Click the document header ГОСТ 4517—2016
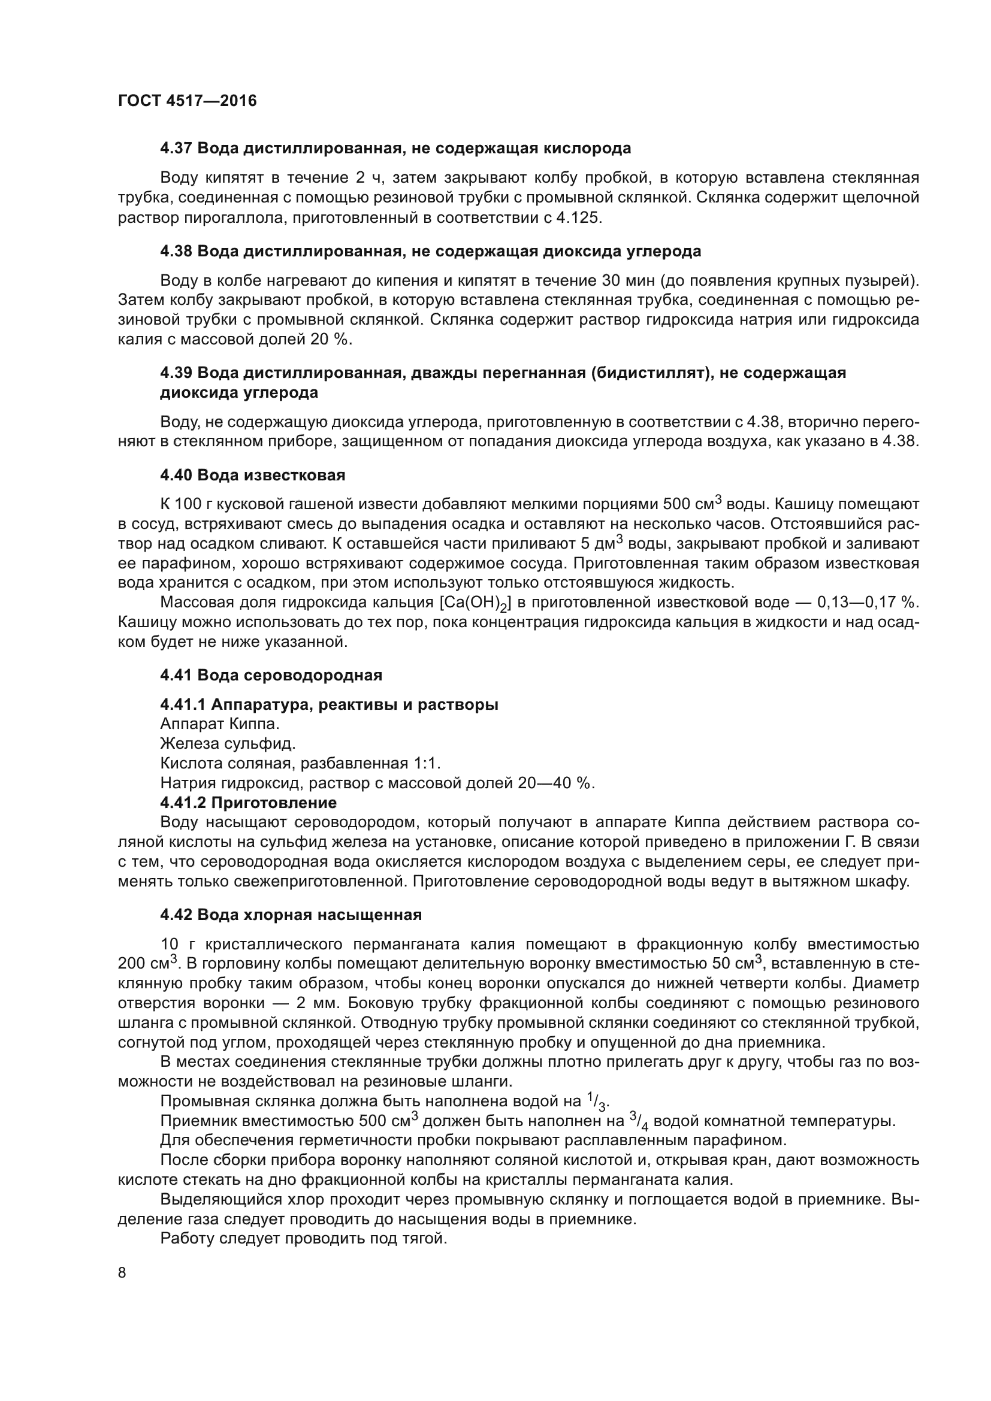(188, 101)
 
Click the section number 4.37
(176, 149)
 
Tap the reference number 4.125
(577, 218)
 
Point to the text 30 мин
(628, 281)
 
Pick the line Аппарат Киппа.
(220, 724)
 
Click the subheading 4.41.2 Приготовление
(249, 803)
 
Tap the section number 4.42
(176, 915)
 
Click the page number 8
(122, 1273)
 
